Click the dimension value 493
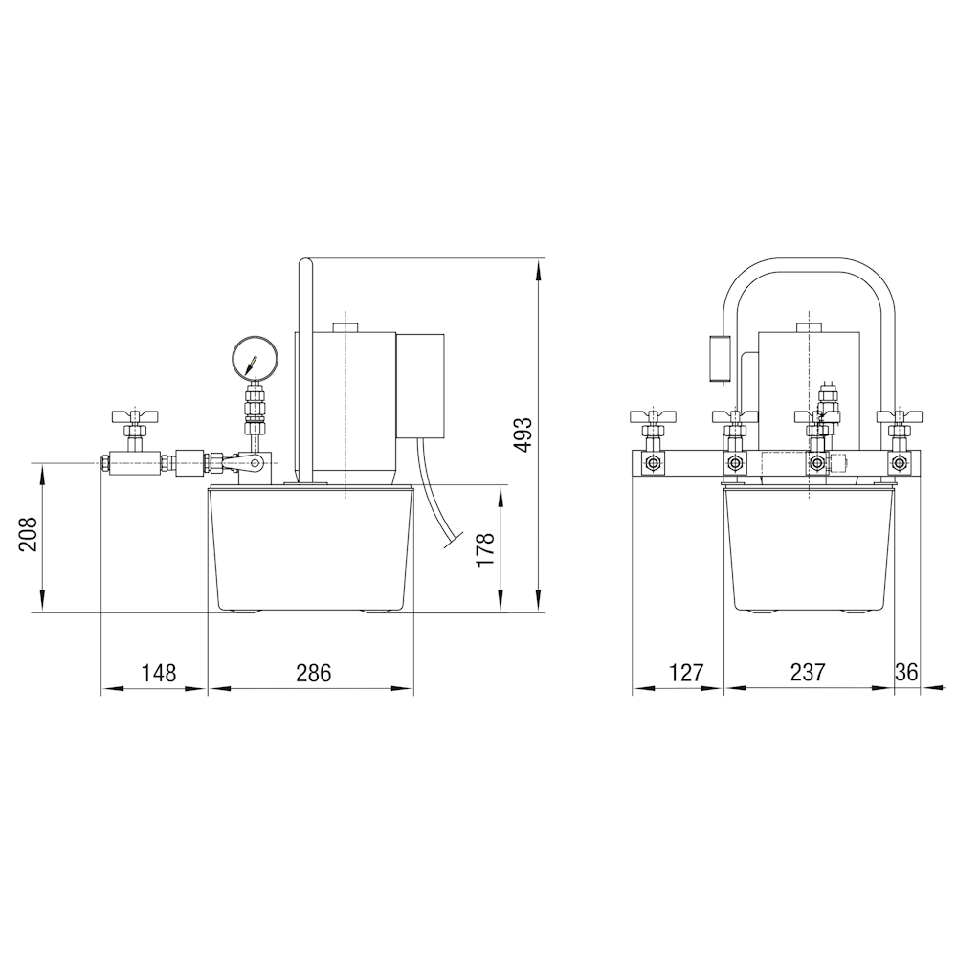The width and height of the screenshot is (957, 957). pyautogui.click(x=523, y=434)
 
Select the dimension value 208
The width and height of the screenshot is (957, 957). pyautogui.click(x=28, y=534)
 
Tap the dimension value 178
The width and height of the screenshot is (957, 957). pyautogui.click(x=486, y=548)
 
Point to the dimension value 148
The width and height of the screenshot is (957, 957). pyautogui.click(x=159, y=673)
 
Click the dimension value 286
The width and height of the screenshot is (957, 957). pyautogui.click(x=314, y=673)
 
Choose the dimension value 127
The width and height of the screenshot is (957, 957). pyautogui.click(x=686, y=673)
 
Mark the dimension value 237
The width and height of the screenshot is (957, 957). pyautogui.click(x=808, y=673)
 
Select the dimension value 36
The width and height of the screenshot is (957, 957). pyautogui.click(x=906, y=673)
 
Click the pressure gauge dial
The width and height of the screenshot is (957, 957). pyautogui.click(x=256, y=358)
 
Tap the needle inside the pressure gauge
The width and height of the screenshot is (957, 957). pyautogui.click(x=251, y=365)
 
